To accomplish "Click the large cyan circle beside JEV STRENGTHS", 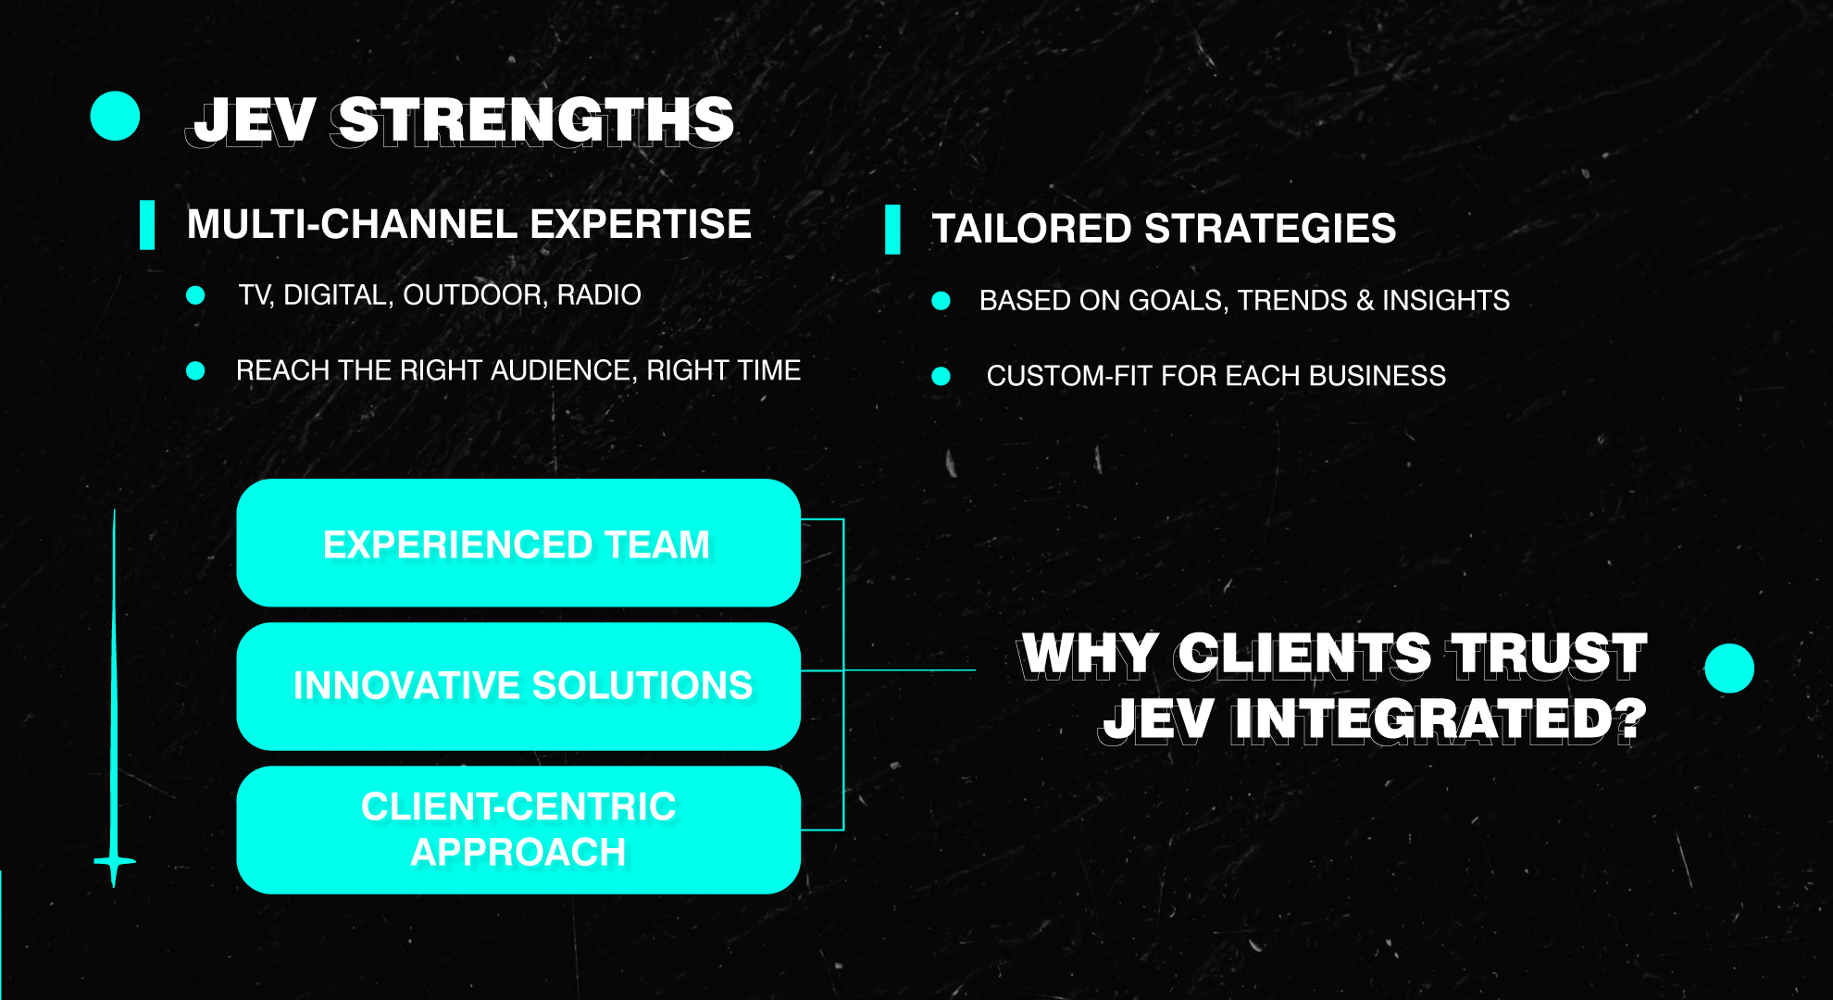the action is pyautogui.click(x=115, y=116).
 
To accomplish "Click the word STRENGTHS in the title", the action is pyautogui.click(x=536, y=120).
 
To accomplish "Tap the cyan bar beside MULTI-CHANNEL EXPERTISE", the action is pyautogui.click(x=147, y=225).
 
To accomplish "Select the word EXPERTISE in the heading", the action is pyautogui.click(x=641, y=224).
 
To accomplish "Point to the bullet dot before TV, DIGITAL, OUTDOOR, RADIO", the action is pyautogui.click(x=195, y=295).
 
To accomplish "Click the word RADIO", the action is pyautogui.click(x=599, y=294).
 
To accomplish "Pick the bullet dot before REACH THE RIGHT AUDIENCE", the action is pyautogui.click(x=195, y=370).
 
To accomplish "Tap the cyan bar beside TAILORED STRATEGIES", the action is pyautogui.click(x=892, y=230).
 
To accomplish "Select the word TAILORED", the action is pyautogui.click(x=1031, y=229).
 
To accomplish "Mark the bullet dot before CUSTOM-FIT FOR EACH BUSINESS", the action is pyautogui.click(x=941, y=376).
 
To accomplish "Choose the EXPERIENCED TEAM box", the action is pyautogui.click(x=518, y=543).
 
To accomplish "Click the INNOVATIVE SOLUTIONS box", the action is pyautogui.click(x=518, y=686).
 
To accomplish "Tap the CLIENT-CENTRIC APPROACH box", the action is pyautogui.click(x=518, y=830).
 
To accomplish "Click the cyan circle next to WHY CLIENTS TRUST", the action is pyautogui.click(x=1729, y=669).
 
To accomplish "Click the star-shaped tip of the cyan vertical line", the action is pyautogui.click(x=114, y=862).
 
